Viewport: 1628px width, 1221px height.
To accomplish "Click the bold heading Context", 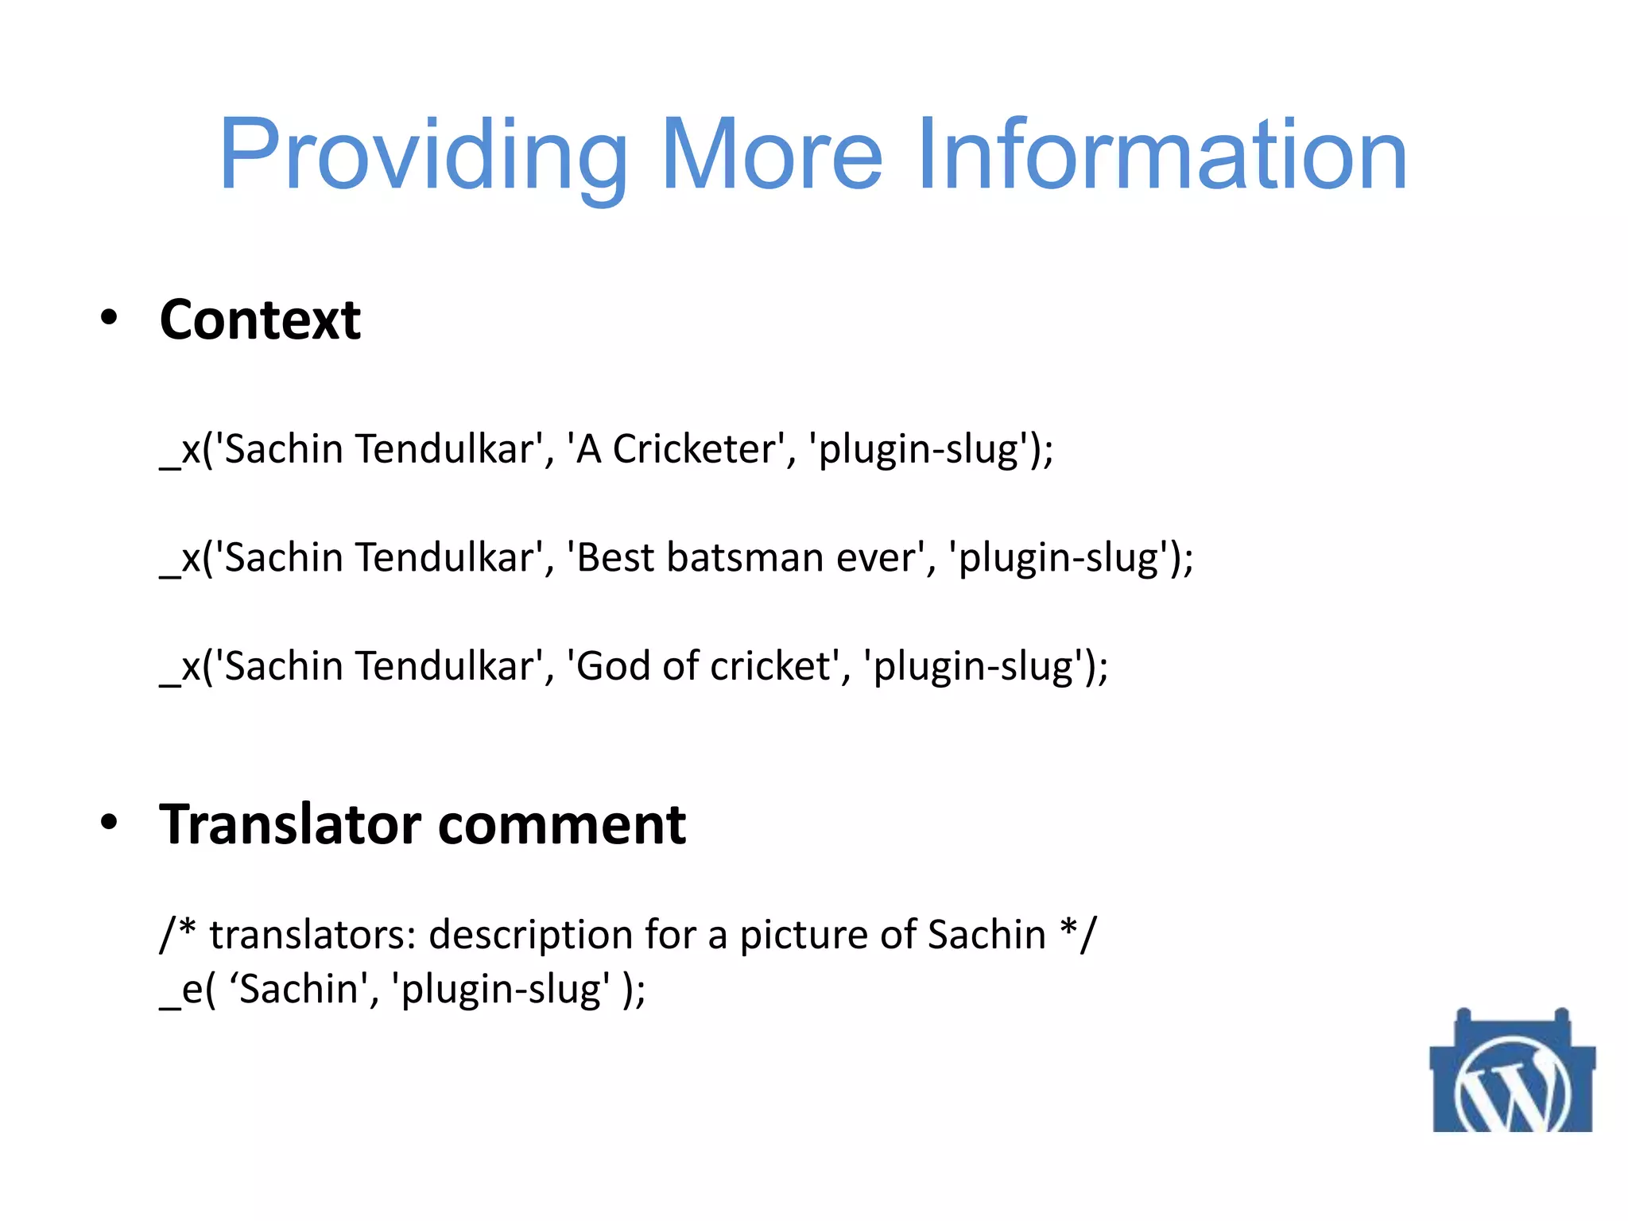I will [260, 320].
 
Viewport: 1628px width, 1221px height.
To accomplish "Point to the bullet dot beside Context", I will [109, 318].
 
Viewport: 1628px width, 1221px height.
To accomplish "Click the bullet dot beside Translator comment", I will [109, 823].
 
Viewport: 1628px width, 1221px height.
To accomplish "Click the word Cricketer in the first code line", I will [693, 449].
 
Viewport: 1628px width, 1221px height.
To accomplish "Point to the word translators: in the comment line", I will [313, 935].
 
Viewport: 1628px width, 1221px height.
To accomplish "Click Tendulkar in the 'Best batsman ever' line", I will [446, 557].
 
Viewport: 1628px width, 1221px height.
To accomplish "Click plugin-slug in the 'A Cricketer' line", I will [918, 449].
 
